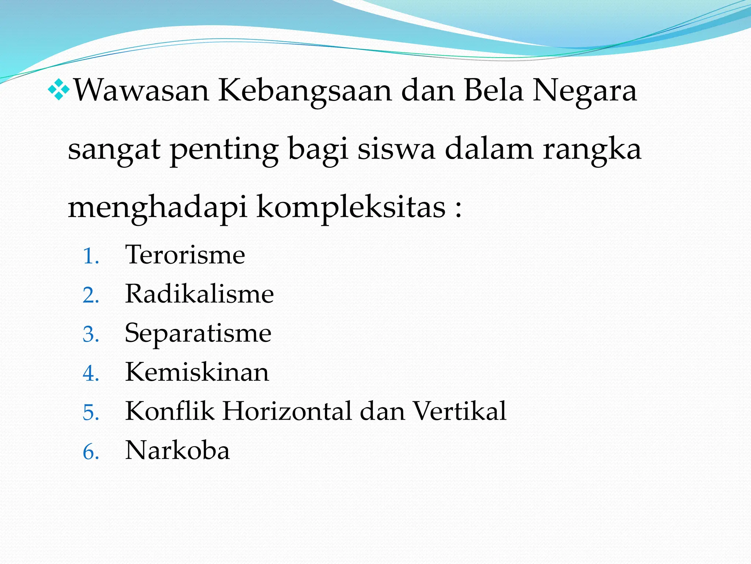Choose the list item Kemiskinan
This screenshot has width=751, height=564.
[x=197, y=372]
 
